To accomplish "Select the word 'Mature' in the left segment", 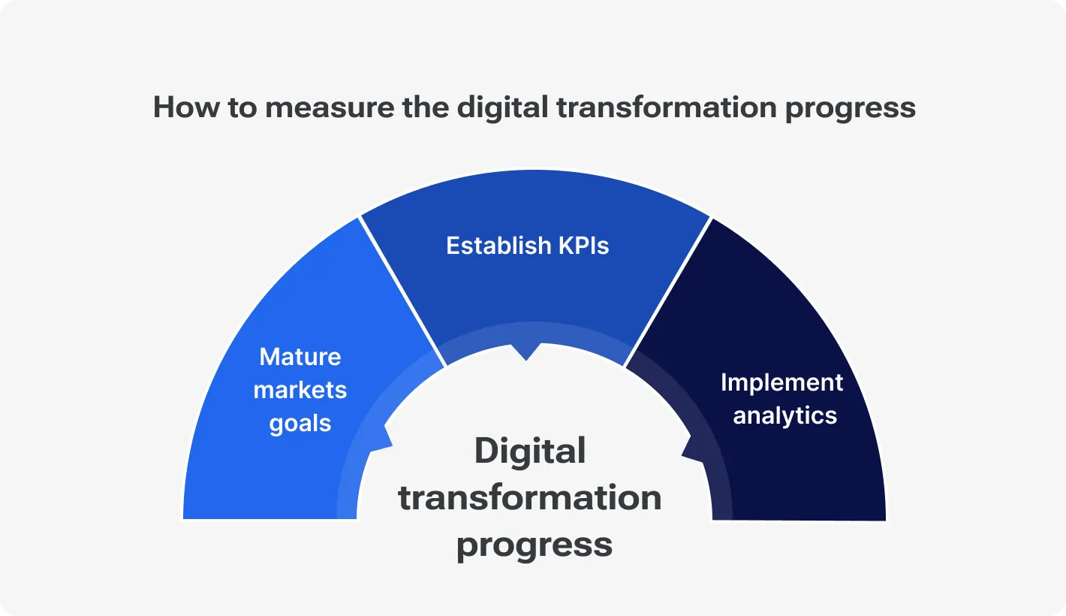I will [x=300, y=356].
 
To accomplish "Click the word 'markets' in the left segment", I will [x=300, y=390].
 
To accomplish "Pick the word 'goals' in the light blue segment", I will [x=300, y=424].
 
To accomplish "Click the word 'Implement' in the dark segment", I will [x=781, y=382].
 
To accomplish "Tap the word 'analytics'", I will [x=784, y=415].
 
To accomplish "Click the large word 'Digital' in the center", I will [x=530, y=451].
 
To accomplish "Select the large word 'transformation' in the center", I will [x=530, y=497].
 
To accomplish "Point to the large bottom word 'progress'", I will [x=535, y=545].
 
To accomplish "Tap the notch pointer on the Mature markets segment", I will [x=387, y=439].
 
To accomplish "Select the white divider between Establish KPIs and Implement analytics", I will [x=667, y=293].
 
